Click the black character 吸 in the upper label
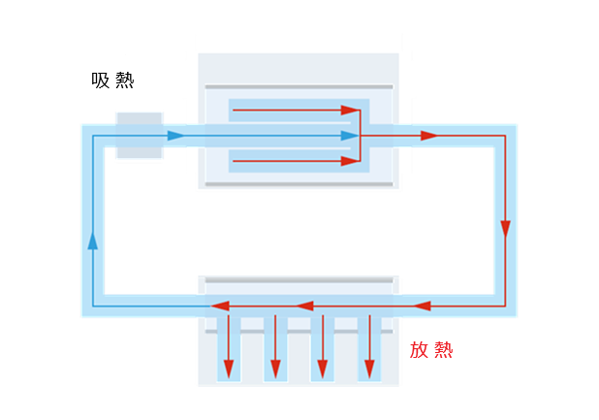100,81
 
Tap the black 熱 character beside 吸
124,81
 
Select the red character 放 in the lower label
419,350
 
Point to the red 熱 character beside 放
443,350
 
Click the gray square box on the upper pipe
139,135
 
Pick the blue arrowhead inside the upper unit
349,136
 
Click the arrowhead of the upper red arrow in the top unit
349,110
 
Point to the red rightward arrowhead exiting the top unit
428,136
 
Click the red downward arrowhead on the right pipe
504,229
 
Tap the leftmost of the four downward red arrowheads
230,370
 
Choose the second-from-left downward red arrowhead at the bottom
275,370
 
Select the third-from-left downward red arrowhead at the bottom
322,370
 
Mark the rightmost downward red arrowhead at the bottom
368,370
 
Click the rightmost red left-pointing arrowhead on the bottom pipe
422,307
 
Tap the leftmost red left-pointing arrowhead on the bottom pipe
221,307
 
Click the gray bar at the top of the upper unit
299,87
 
